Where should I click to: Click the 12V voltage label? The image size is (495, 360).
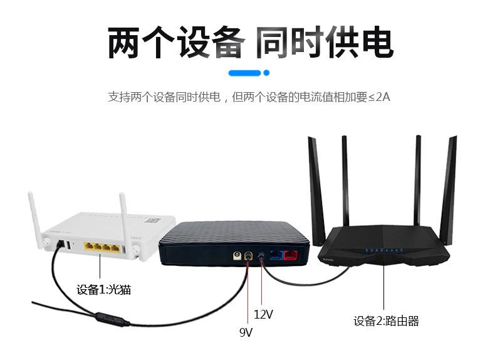263,314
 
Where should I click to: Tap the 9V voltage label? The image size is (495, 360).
246,332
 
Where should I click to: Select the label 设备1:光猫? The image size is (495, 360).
103,290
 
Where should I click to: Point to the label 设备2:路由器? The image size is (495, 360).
386,321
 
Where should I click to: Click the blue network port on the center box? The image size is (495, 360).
276,255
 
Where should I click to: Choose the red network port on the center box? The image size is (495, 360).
291,255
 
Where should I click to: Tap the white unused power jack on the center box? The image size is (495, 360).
237,255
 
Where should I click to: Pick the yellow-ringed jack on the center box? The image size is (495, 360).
249,255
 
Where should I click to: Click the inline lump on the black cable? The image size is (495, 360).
112,319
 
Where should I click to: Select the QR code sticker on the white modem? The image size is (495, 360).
153,220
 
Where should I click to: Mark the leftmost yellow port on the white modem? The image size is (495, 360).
88,248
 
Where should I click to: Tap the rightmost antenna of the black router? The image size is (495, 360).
449,189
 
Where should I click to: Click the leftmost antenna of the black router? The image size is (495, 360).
316,191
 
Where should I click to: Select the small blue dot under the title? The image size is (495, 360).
266,73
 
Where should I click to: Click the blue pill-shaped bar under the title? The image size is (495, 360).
244,73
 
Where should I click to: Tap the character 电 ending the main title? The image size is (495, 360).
377,43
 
